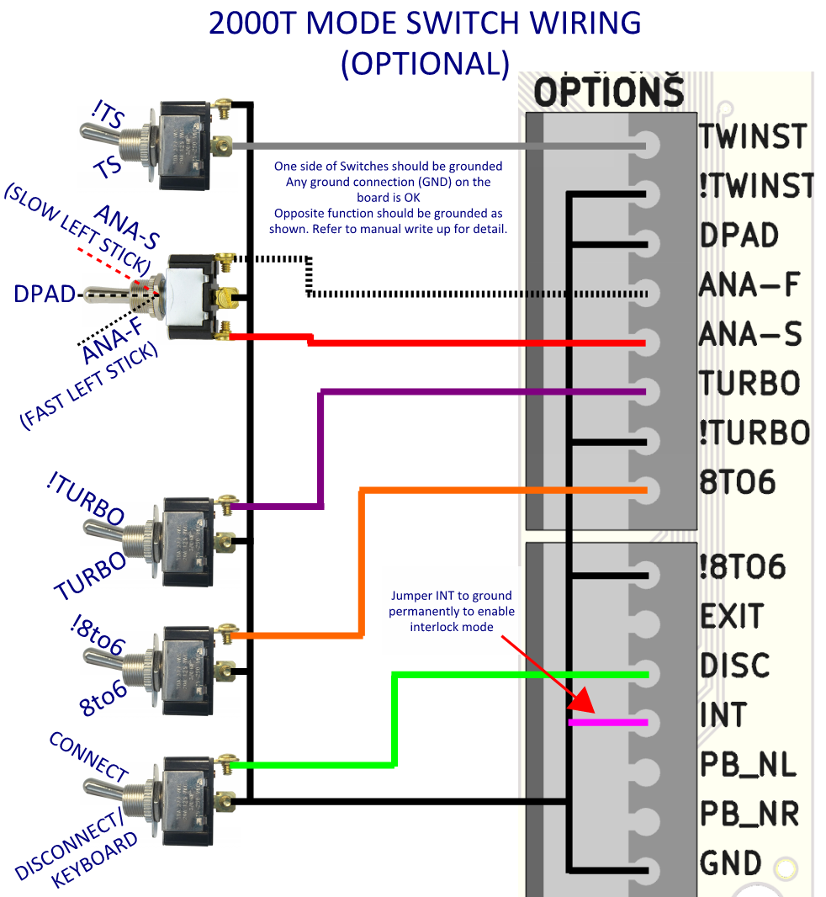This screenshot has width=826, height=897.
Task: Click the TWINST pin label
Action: click(x=753, y=136)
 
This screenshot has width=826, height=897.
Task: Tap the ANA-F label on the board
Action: click(x=749, y=286)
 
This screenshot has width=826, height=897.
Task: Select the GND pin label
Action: click(x=730, y=863)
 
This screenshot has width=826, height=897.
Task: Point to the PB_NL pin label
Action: click(x=748, y=765)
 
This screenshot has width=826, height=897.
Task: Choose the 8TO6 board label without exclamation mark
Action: click(x=737, y=483)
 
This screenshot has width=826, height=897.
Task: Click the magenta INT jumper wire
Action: click(x=608, y=722)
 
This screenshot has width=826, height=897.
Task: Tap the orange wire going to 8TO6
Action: click(x=505, y=490)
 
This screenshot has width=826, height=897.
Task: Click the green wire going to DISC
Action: click(x=522, y=674)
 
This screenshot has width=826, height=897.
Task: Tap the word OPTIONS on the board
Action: click(x=609, y=92)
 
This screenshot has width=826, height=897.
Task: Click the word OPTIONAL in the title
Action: click(x=425, y=63)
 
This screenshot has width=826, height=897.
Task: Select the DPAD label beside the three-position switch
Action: click(x=42, y=294)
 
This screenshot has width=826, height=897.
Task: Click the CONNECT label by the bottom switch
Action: click(x=88, y=756)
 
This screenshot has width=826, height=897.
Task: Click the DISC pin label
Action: click(x=734, y=665)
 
